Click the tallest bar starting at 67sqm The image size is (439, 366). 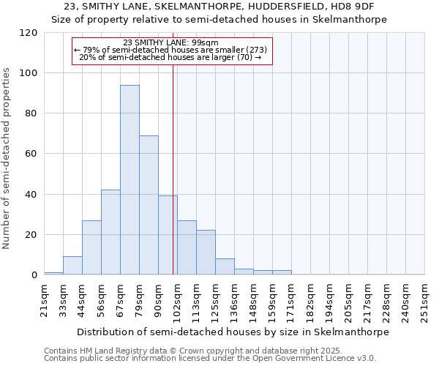point(130,180)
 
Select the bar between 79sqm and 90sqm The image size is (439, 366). point(149,205)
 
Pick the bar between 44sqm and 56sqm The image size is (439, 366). point(91,247)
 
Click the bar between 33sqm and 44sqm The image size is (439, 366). point(72,266)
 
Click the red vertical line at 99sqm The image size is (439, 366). point(173,168)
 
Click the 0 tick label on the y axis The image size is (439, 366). point(34,275)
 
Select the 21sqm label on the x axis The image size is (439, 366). point(45,299)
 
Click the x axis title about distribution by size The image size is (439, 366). point(233,332)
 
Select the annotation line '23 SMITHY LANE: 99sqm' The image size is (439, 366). point(171,42)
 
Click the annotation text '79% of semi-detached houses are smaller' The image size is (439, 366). point(171,50)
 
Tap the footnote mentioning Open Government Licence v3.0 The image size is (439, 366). point(210,359)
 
